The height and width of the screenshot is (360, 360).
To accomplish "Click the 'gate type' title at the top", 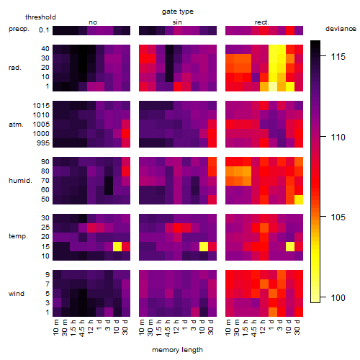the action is (x=178, y=12).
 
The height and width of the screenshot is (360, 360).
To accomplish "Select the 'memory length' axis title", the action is (x=177, y=350).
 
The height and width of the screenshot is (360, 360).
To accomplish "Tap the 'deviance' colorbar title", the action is (x=341, y=29).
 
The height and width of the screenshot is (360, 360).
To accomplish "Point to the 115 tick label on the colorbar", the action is (x=338, y=57).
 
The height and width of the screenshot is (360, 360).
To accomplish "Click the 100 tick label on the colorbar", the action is (x=338, y=298).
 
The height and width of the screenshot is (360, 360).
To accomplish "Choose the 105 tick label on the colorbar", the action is (x=338, y=217).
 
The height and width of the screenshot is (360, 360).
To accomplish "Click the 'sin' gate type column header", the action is (x=177, y=22).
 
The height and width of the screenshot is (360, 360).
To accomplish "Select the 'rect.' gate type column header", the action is (x=261, y=22).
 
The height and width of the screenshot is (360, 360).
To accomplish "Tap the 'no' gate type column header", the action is (x=93, y=22).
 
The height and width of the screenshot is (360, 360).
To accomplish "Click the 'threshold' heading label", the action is (x=40, y=17).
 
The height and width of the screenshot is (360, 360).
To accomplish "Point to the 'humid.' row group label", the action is (x=20, y=181).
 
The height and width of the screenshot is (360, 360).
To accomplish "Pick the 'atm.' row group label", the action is (x=16, y=125).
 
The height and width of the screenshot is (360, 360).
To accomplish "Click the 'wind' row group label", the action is (x=17, y=294).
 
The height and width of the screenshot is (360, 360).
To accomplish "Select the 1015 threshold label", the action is (x=41, y=106).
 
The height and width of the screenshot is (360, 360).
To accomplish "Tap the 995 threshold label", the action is (x=43, y=143).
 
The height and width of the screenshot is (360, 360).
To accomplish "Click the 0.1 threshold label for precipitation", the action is (x=44, y=30).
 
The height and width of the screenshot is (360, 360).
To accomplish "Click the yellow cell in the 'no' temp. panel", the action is (x=117, y=246).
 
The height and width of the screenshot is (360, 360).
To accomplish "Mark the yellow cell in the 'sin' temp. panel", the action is (x=204, y=246).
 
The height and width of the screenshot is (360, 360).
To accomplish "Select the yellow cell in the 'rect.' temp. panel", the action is (x=290, y=246).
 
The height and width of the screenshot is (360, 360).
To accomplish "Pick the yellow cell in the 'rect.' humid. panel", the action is (x=299, y=199).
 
